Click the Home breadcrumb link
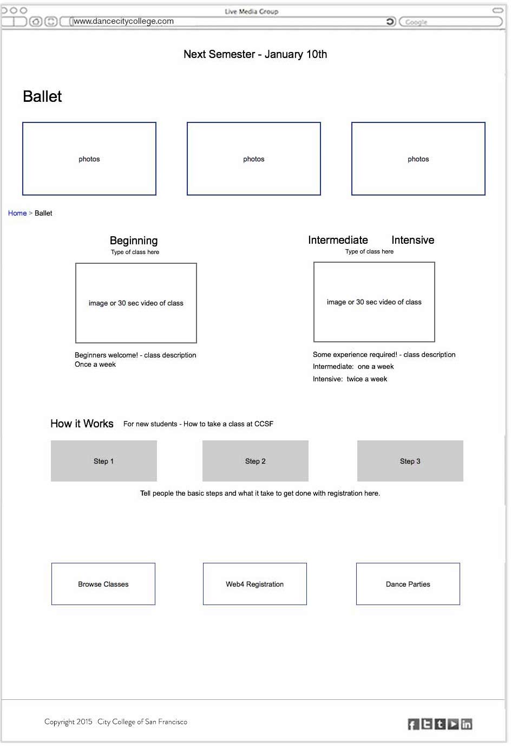(17, 213)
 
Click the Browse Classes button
(103, 584)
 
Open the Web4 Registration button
(255, 584)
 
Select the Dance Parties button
(408, 584)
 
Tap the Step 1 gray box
(104, 461)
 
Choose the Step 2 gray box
(255, 461)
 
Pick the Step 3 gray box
(410, 461)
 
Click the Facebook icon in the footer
(414, 724)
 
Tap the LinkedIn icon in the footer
(467, 724)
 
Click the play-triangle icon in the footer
(454, 724)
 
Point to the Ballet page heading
(42, 96)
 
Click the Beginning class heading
(134, 241)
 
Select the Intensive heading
(412, 240)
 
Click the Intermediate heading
(338, 240)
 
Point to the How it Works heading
(82, 424)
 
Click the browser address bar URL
(124, 21)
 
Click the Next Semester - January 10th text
(255, 54)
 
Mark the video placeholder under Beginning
(136, 303)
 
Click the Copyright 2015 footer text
(68, 722)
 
